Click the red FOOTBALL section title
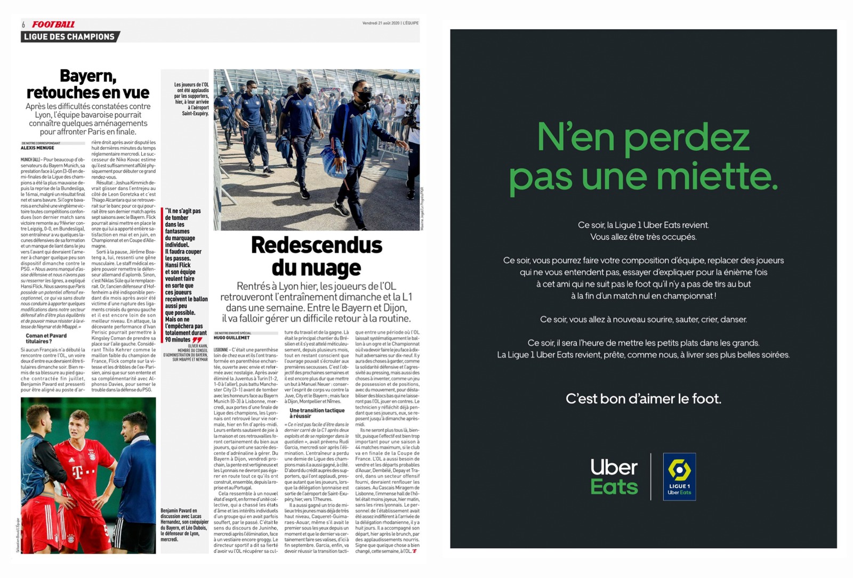coord(53,25)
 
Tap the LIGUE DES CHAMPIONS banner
coord(69,37)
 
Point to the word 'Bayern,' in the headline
coord(88,77)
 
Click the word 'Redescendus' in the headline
coord(317,246)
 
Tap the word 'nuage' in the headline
coord(332,267)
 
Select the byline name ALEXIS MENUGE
coord(37,148)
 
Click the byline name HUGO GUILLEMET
coord(232,338)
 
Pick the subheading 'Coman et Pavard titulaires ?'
coord(46,338)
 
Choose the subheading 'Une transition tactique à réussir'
coord(317,413)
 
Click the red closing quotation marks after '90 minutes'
coord(197,340)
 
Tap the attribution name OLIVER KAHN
coord(197,346)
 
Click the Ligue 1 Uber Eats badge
coord(679,477)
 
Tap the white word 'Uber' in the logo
coord(614,467)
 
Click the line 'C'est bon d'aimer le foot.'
coord(643,398)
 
